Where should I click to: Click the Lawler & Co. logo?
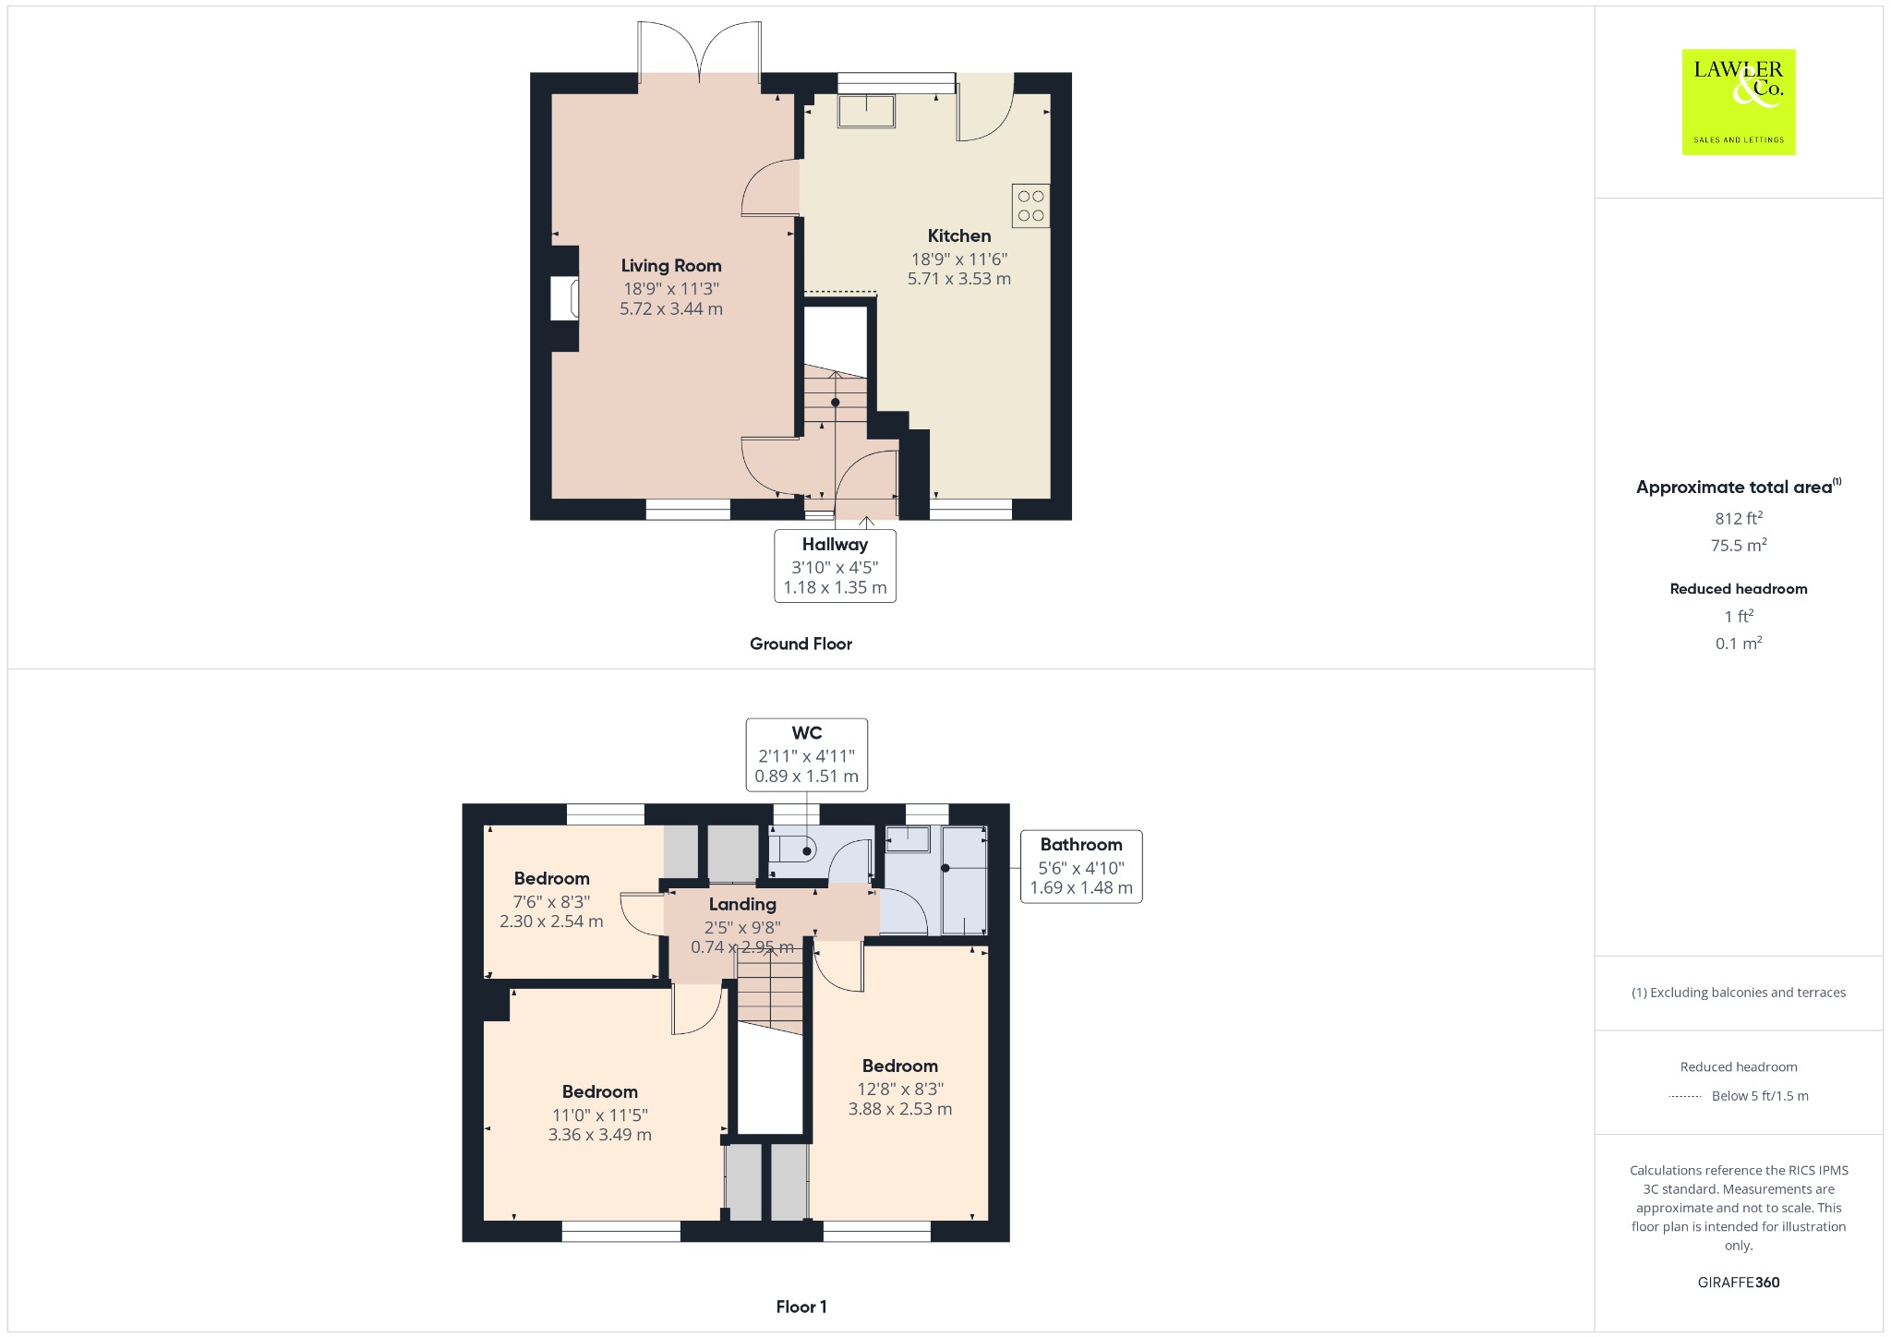pyautogui.click(x=1738, y=102)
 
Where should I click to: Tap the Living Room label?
pyautogui.click(x=671, y=266)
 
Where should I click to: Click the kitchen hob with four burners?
pyautogui.click(x=1030, y=206)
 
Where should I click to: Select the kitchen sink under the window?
pyautogui.click(x=866, y=111)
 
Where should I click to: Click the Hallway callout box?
pyautogui.click(x=835, y=566)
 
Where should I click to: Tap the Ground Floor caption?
pyautogui.click(x=801, y=644)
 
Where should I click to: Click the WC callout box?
pyautogui.click(x=806, y=754)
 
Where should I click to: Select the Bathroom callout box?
pyautogui.click(x=1081, y=866)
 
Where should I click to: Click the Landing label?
pyautogui.click(x=742, y=904)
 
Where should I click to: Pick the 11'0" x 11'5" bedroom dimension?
pyautogui.click(x=600, y=1114)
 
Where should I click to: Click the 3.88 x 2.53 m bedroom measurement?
pyautogui.click(x=900, y=1109)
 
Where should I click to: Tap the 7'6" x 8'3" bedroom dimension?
pyautogui.click(x=551, y=901)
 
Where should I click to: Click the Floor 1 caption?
pyautogui.click(x=801, y=1307)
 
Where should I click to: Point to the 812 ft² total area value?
pyautogui.click(x=1739, y=518)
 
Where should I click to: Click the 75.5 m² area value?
pyautogui.click(x=1739, y=545)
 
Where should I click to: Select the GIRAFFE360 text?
pyautogui.click(x=1739, y=1282)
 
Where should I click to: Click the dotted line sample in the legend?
pyautogui.click(x=1685, y=1096)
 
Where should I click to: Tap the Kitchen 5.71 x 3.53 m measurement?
pyautogui.click(x=959, y=279)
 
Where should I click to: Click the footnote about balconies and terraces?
pyautogui.click(x=1739, y=993)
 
